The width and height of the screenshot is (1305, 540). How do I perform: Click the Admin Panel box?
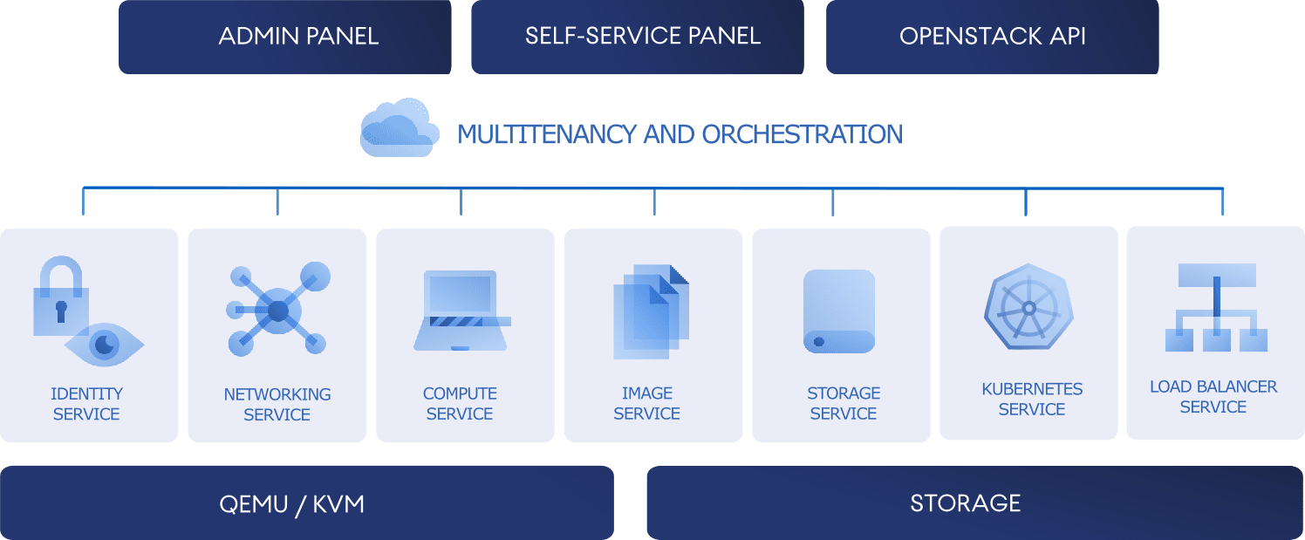285,37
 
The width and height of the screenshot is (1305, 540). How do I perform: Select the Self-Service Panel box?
638,37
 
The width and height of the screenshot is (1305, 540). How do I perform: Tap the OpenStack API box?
992,37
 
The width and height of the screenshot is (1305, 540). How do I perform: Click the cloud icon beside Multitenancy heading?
400,127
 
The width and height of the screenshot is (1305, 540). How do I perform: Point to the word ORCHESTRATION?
803,134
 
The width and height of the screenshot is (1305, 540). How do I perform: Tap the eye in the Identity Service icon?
105,345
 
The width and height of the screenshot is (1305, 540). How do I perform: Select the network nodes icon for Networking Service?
278,310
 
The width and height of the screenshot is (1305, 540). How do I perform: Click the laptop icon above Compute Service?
462,311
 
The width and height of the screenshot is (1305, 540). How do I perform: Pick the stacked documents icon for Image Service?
651,311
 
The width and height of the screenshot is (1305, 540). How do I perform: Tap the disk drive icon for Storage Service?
839,311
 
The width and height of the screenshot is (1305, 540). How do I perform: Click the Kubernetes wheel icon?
1028,307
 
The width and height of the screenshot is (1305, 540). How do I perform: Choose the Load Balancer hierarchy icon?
1216,307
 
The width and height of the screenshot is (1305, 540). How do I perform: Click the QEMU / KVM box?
307,502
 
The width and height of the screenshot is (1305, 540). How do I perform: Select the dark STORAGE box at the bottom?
974,502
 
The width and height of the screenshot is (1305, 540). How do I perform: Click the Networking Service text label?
277,404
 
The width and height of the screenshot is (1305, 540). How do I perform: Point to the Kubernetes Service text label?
1032,399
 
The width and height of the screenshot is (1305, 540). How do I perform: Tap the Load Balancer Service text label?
1213,397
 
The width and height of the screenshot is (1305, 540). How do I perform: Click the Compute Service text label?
460,403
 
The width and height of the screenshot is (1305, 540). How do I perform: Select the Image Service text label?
646,403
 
